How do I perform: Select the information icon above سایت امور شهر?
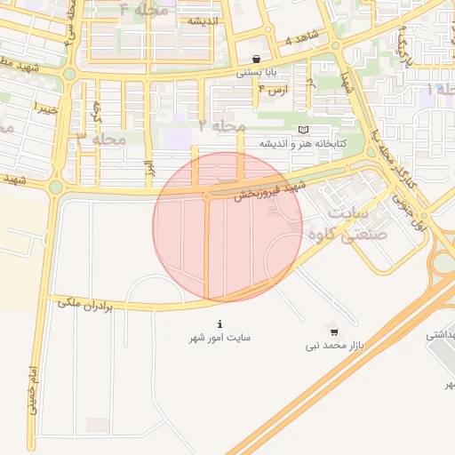(220, 323)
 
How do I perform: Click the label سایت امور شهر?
(220, 338)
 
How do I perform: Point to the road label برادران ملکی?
(86, 305)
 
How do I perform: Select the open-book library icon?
(303, 130)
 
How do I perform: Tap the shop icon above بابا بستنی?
(257, 60)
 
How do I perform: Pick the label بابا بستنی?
(255, 74)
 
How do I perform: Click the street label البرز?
(149, 168)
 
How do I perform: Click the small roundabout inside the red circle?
(207, 196)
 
